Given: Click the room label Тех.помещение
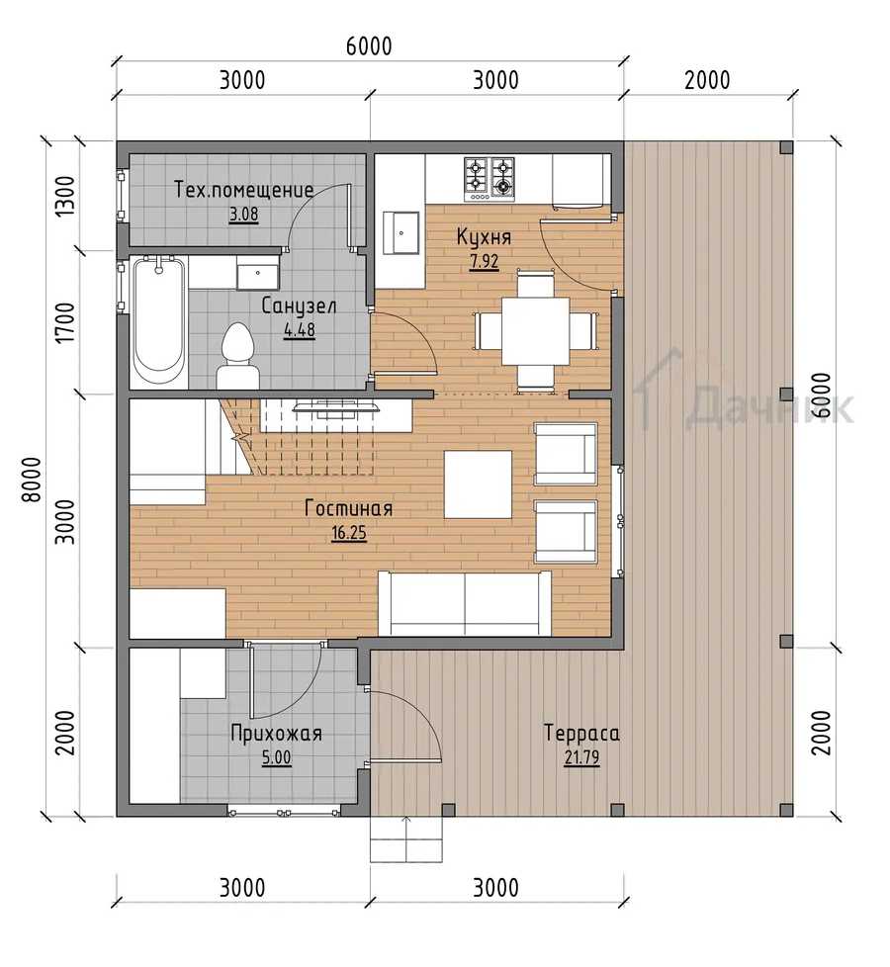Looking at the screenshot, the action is [x=243, y=189].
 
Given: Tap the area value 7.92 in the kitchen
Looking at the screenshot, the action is [x=485, y=261].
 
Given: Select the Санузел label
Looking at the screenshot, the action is [x=299, y=306].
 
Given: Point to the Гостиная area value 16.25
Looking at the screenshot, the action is [x=349, y=532].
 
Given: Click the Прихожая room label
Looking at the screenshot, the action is [x=276, y=734].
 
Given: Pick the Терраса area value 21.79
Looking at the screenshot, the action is [x=581, y=756].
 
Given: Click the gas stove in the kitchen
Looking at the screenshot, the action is [x=489, y=179].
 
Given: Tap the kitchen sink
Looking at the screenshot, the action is [x=400, y=232].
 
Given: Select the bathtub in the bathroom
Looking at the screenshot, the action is [x=158, y=322].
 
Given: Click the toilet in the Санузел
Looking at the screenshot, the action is [x=237, y=358].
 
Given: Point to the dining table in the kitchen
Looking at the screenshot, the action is [x=535, y=332].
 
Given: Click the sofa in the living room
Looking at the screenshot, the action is [x=465, y=603].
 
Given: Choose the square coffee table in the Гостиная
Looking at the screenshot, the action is [x=478, y=484].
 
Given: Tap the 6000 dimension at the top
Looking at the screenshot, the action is [x=369, y=46].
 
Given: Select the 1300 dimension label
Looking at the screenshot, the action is [x=64, y=196].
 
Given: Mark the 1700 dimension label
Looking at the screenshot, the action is [x=64, y=322].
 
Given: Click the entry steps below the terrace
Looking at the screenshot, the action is [x=406, y=838].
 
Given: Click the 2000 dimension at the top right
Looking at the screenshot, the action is [x=707, y=80].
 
